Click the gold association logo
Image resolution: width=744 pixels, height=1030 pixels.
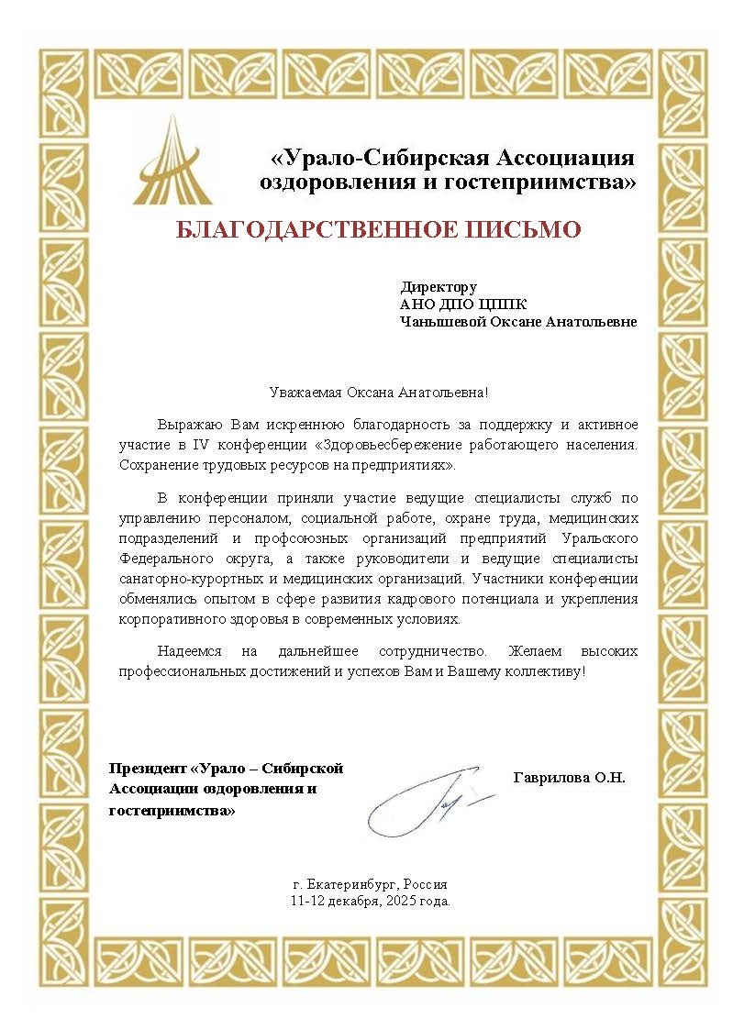click(173, 161)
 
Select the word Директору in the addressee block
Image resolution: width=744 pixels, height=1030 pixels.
click(439, 287)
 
